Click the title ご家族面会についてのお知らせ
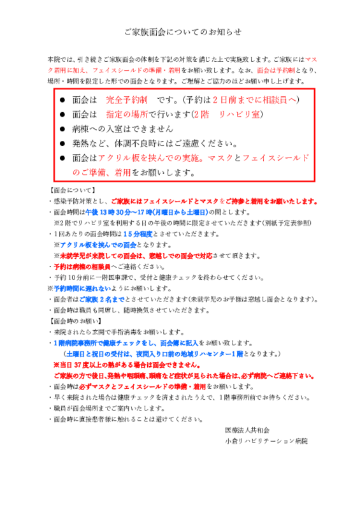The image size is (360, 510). coord(183,32)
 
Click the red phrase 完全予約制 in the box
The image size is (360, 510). coord(127,100)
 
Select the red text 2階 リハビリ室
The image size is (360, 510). coord(227,115)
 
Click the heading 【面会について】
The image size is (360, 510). coord(72,190)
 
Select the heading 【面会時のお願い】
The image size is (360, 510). coord(75,321)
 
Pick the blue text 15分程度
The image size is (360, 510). coord(138,234)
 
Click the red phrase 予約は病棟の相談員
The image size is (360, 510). coord(82,266)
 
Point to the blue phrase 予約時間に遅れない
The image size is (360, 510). coord(82,289)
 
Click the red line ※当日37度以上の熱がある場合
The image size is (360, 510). coord(127,365)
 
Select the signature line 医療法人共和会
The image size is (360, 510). coord(247,430)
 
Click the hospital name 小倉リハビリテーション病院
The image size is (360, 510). coord(266,441)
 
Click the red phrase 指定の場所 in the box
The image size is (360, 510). coord(127,115)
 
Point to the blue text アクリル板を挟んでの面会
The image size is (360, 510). coord(98,245)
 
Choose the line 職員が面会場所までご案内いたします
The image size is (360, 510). coord(109,409)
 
